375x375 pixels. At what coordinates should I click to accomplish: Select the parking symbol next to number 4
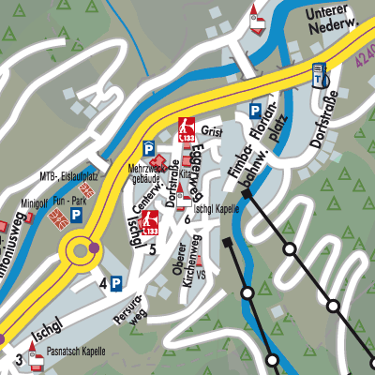click(115, 282)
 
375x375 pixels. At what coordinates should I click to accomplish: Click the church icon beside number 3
click(36, 353)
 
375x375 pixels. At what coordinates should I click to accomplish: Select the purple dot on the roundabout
click(94, 248)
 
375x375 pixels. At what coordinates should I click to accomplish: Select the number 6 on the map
click(187, 219)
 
